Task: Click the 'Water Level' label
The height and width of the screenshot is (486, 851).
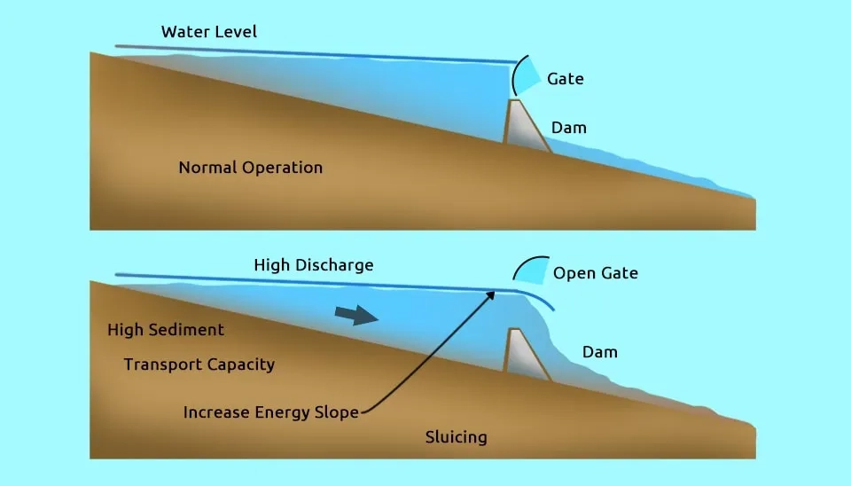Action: click(x=209, y=32)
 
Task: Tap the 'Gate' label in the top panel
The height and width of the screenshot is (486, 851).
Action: click(x=565, y=79)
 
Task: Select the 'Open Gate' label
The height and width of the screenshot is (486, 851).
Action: click(x=595, y=273)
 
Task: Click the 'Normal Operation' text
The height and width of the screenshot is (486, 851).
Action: click(x=250, y=168)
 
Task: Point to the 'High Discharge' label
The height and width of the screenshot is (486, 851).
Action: click(x=313, y=265)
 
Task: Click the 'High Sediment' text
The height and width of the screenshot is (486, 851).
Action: click(x=166, y=330)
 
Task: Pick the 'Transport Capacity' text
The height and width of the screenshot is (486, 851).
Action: click(x=199, y=364)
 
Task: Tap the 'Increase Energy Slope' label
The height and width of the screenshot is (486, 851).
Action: click(x=270, y=412)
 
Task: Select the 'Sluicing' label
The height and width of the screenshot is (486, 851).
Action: click(x=456, y=437)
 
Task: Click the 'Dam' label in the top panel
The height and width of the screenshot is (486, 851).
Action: click(x=568, y=128)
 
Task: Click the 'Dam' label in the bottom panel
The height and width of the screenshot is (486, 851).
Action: click(x=599, y=352)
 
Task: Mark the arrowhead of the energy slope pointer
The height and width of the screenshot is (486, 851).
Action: click(x=491, y=294)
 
